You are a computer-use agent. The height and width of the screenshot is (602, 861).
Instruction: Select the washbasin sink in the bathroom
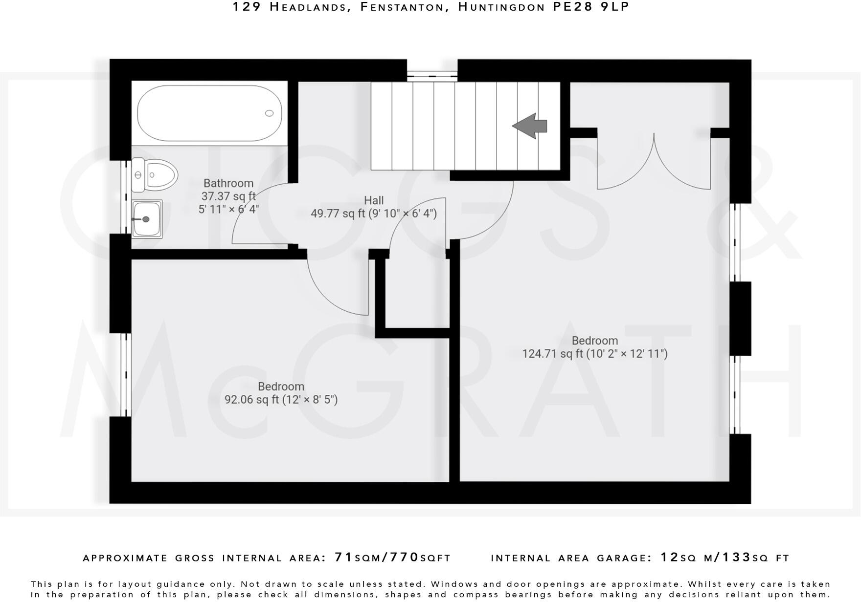(x=147, y=219)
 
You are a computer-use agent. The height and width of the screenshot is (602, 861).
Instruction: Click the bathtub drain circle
(x=269, y=113)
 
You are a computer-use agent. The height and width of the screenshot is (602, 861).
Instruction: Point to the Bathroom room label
(x=228, y=183)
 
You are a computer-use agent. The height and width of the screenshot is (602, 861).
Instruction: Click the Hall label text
(x=374, y=200)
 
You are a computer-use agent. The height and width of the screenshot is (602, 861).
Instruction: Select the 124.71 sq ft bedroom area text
(x=594, y=353)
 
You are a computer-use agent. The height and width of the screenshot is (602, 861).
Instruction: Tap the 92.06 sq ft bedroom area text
(x=281, y=400)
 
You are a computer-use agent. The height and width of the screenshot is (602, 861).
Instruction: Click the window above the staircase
(x=432, y=75)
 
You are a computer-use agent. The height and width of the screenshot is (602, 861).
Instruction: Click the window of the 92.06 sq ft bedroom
(x=126, y=375)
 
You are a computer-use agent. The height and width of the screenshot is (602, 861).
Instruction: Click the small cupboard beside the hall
(x=417, y=293)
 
